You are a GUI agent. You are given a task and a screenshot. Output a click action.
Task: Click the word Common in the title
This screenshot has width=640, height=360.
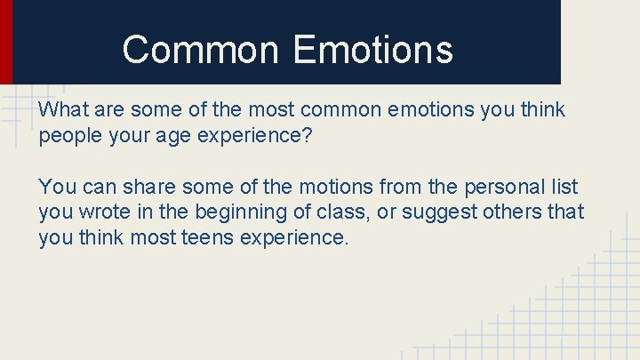[x=202, y=50]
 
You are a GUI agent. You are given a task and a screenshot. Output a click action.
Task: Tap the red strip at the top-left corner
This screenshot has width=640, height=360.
[x=5, y=40]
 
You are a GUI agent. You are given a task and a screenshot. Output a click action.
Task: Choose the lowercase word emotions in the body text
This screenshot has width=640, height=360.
[x=427, y=110]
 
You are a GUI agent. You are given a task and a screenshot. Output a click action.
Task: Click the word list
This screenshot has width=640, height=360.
[x=564, y=188]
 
